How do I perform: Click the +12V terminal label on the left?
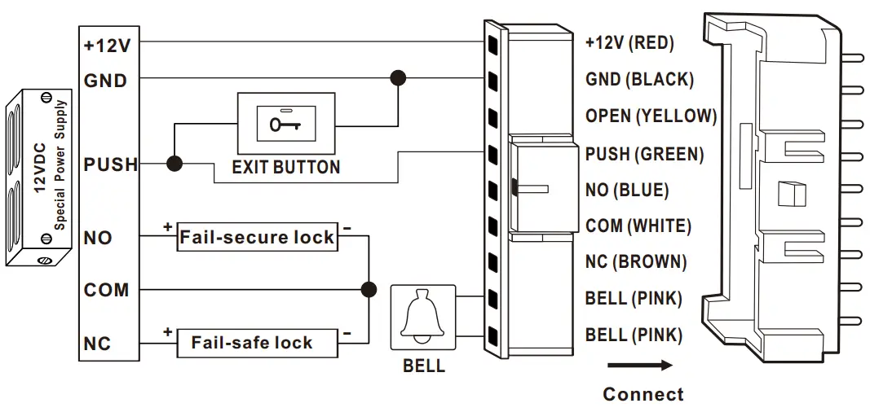point(106,46)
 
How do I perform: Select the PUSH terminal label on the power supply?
point(110,165)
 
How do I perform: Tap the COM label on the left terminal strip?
point(106,290)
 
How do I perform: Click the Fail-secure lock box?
point(257,238)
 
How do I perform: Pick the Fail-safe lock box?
point(257,342)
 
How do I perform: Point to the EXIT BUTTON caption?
point(285,168)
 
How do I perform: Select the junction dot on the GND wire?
point(398,79)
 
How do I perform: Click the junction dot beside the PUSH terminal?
point(174,164)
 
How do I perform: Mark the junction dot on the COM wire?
point(369,288)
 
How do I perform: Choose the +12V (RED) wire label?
point(629,43)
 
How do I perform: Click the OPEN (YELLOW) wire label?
point(651,116)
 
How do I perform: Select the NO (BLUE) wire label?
point(626,190)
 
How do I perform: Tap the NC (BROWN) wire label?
point(636,262)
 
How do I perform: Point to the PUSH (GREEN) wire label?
point(644,153)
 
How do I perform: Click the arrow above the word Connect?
point(639,366)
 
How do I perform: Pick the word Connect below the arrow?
point(643,395)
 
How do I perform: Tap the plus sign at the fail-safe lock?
point(168,332)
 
